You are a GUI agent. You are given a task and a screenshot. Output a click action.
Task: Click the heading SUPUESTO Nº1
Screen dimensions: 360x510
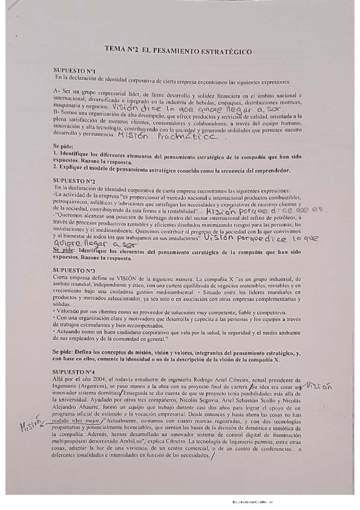(73, 70)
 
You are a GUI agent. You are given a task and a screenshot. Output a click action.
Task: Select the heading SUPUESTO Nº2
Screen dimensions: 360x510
(74, 180)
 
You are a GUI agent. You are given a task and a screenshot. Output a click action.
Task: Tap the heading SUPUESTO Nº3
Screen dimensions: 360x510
(74, 270)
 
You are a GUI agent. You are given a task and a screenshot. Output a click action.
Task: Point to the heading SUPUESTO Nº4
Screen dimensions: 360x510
(74, 373)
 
